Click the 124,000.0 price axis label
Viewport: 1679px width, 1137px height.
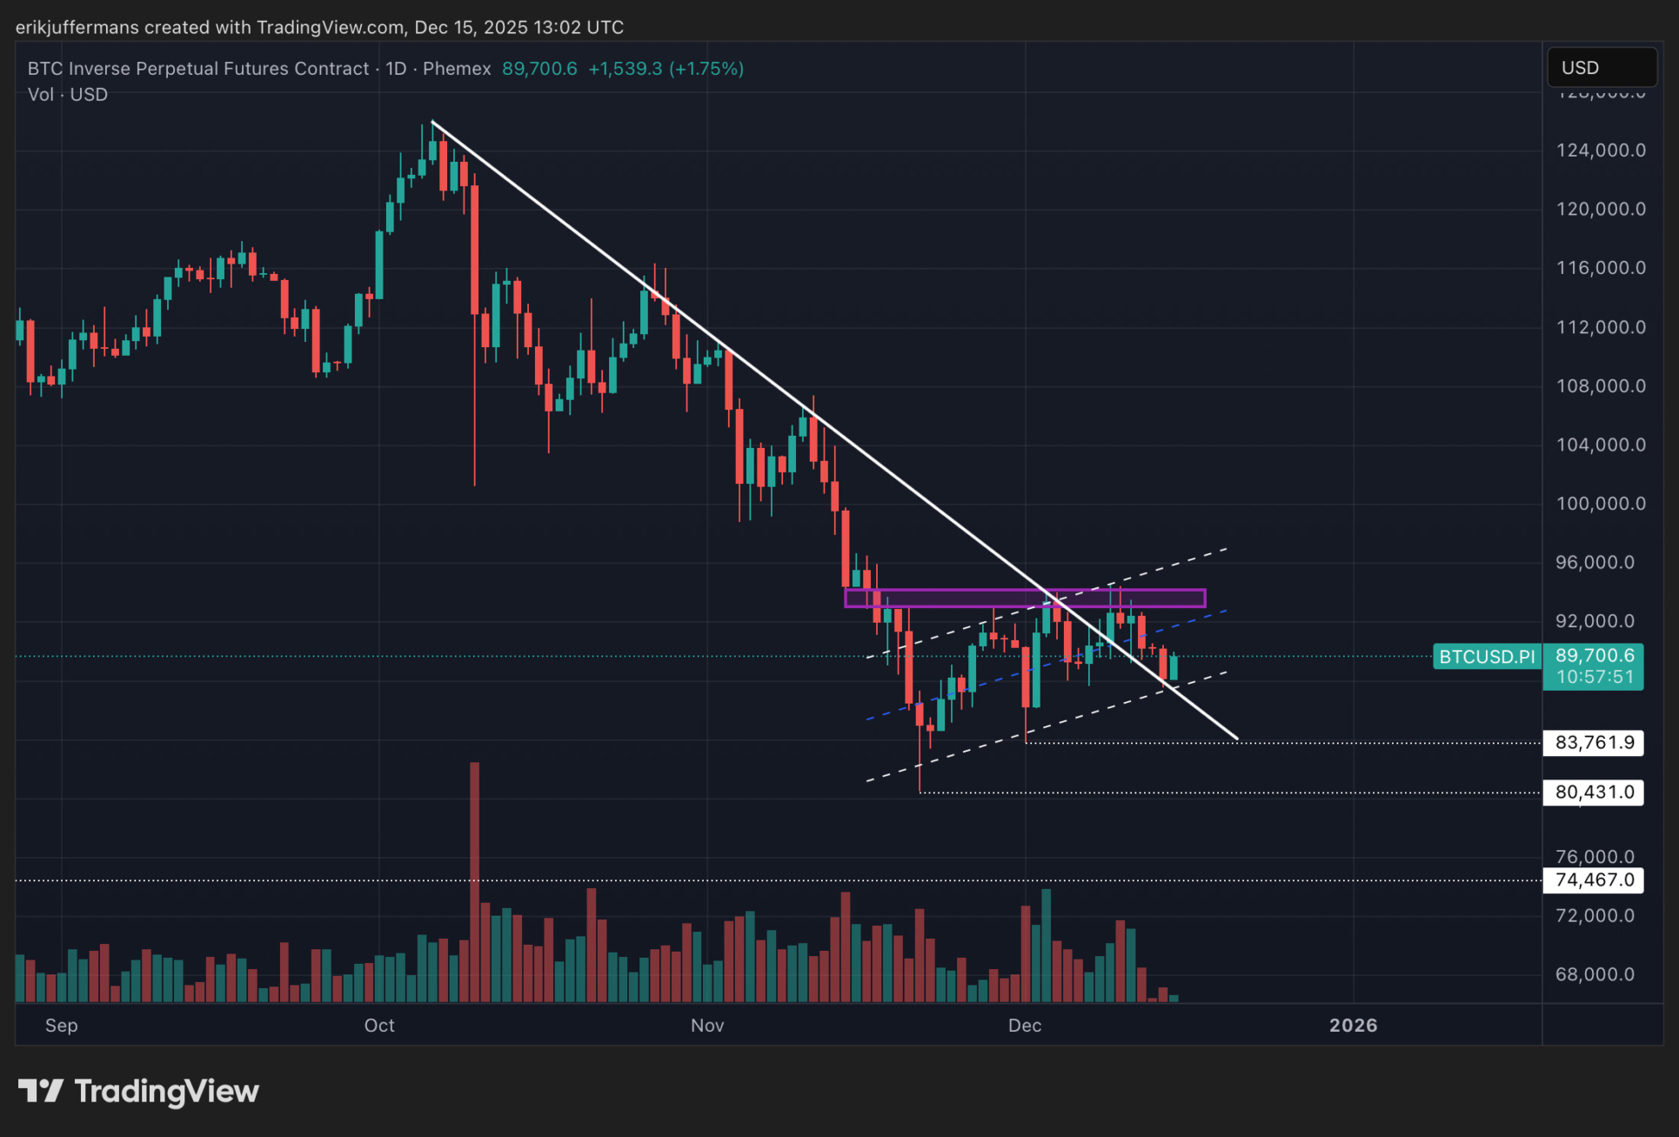point(1600,150)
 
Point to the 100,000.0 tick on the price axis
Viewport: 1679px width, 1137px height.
point(1600,504)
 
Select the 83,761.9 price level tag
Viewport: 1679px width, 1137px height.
point(1594,743)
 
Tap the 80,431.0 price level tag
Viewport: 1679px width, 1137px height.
point(1594,793)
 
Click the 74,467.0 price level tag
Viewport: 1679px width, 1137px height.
point(1594,880)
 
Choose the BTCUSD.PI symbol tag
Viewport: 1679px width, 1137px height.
point(1487,657)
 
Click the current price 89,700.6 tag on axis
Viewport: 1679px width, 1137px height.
point(1594,656)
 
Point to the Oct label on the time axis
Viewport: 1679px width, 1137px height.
point(379,1026)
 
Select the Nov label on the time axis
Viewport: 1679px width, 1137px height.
point(707,1026)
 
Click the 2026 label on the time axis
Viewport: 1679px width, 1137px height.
point(1353,1026)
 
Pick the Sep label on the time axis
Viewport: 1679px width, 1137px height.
point(61,1026)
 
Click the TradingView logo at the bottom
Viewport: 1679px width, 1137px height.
point(139,1091)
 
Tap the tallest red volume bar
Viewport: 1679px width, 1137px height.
point(474,879)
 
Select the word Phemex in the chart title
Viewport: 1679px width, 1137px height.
point(457,69)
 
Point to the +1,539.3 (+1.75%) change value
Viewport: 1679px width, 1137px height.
point(666,69)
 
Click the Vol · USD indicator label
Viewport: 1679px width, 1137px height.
point(68,95)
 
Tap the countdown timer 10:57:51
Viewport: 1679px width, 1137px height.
point(1594,677)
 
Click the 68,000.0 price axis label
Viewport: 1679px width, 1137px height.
point(1600,974)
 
